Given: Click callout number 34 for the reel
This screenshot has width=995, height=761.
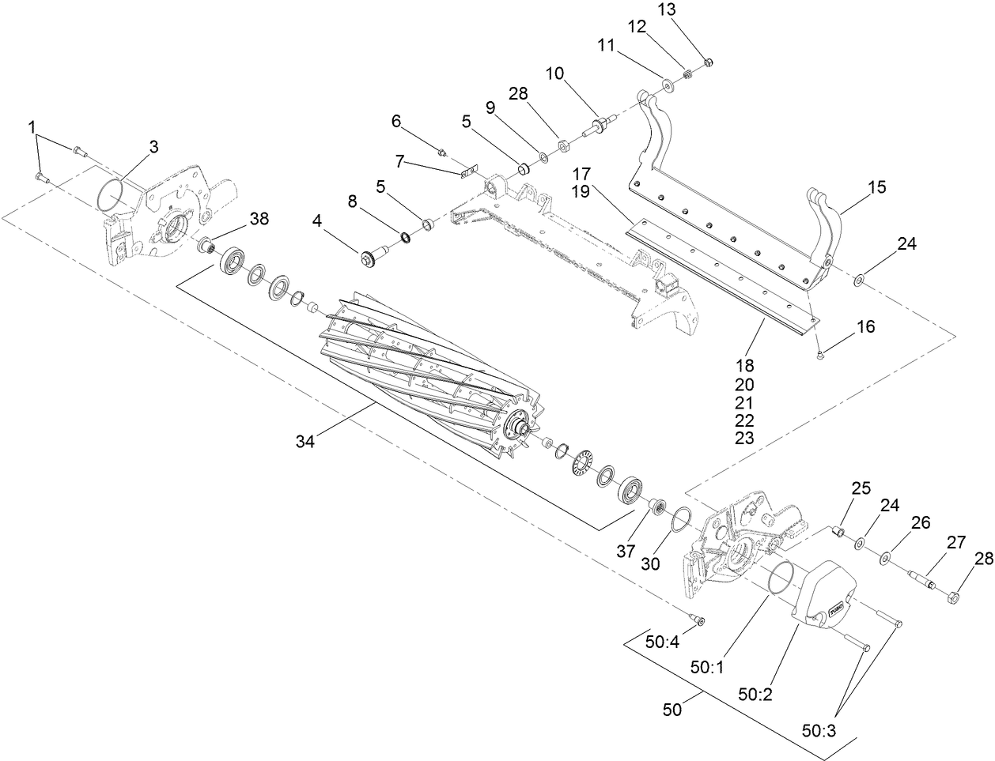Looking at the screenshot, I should coord(305,442).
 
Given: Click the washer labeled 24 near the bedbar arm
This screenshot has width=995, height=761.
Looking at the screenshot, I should coord(857,279).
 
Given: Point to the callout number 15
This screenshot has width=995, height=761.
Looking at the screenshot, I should coord(876,187).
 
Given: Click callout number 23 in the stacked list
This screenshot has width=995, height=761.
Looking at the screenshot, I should coord(744,438).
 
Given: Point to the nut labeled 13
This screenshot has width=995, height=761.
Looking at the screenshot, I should coord(708,62).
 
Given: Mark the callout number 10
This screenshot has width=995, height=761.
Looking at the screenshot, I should coord(554,73).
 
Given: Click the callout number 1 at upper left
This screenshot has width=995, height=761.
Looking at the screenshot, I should coord(32,126).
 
